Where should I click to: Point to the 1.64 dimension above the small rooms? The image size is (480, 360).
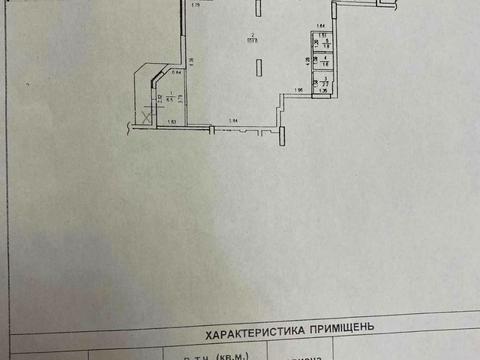pos(321,24)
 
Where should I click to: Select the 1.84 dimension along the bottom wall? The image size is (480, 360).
pos(233,122)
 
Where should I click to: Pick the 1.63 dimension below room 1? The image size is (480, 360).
pos(172,122)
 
